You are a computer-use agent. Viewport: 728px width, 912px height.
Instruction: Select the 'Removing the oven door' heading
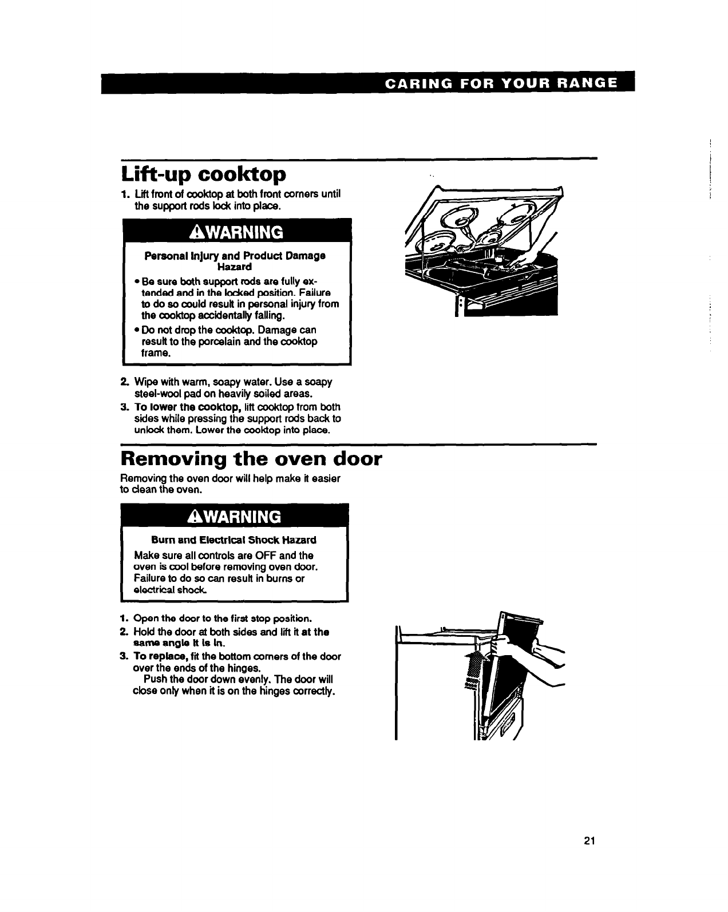pyautogui.click(x=251, y=459)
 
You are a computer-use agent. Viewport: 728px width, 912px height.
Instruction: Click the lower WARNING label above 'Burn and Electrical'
pyautogui.click(x=234, y=517)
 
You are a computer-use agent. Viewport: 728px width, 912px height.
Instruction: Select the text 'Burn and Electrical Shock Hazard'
pyautogui.click(x=234, y=540)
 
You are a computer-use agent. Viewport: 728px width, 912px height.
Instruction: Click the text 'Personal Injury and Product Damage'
pyautogui.click(x=235, y=255)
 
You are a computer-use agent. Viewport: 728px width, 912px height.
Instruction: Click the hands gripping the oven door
pyautogui.click(x=515, y=649)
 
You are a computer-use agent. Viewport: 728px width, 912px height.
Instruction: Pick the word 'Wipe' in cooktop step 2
pyautogui.click(x=144, y=382)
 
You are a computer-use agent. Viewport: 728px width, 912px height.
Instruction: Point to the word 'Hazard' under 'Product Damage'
pyautogui.click(x=235, y=267)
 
